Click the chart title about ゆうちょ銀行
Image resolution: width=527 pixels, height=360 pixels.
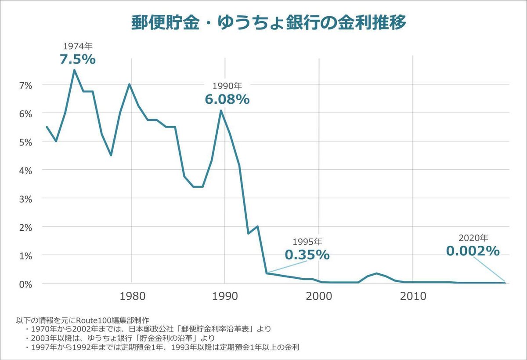pyautogui.click(x=269, y=22)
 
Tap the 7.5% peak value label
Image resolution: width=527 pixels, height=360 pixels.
pyautogui.click(x=78, y=59)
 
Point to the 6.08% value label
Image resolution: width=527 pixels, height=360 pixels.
pyautogui.click(x=227, y=100)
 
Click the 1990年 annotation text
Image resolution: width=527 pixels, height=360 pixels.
pyautogui.click(x=227, y=86)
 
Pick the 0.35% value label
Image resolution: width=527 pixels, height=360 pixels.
pyautogui.click(x=307, y=255)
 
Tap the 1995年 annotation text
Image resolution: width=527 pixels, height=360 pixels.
pyautogui.click(x=307, y=242)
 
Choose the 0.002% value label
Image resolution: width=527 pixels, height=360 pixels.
pyautogui.click(x=473, y=251)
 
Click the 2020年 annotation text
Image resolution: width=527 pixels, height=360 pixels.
pyautogui.click(x=473, y=238)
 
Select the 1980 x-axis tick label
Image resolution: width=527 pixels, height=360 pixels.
pyautogui.click(x=131, y=296)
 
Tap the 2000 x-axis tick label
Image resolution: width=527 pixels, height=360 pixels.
pyautogui.click(x=318, y=296)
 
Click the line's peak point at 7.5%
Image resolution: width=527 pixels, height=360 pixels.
pyautogui.click(x=74, y=70)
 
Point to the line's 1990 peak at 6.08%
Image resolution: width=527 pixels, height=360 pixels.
pyautogui.click(x=221, y=110)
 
